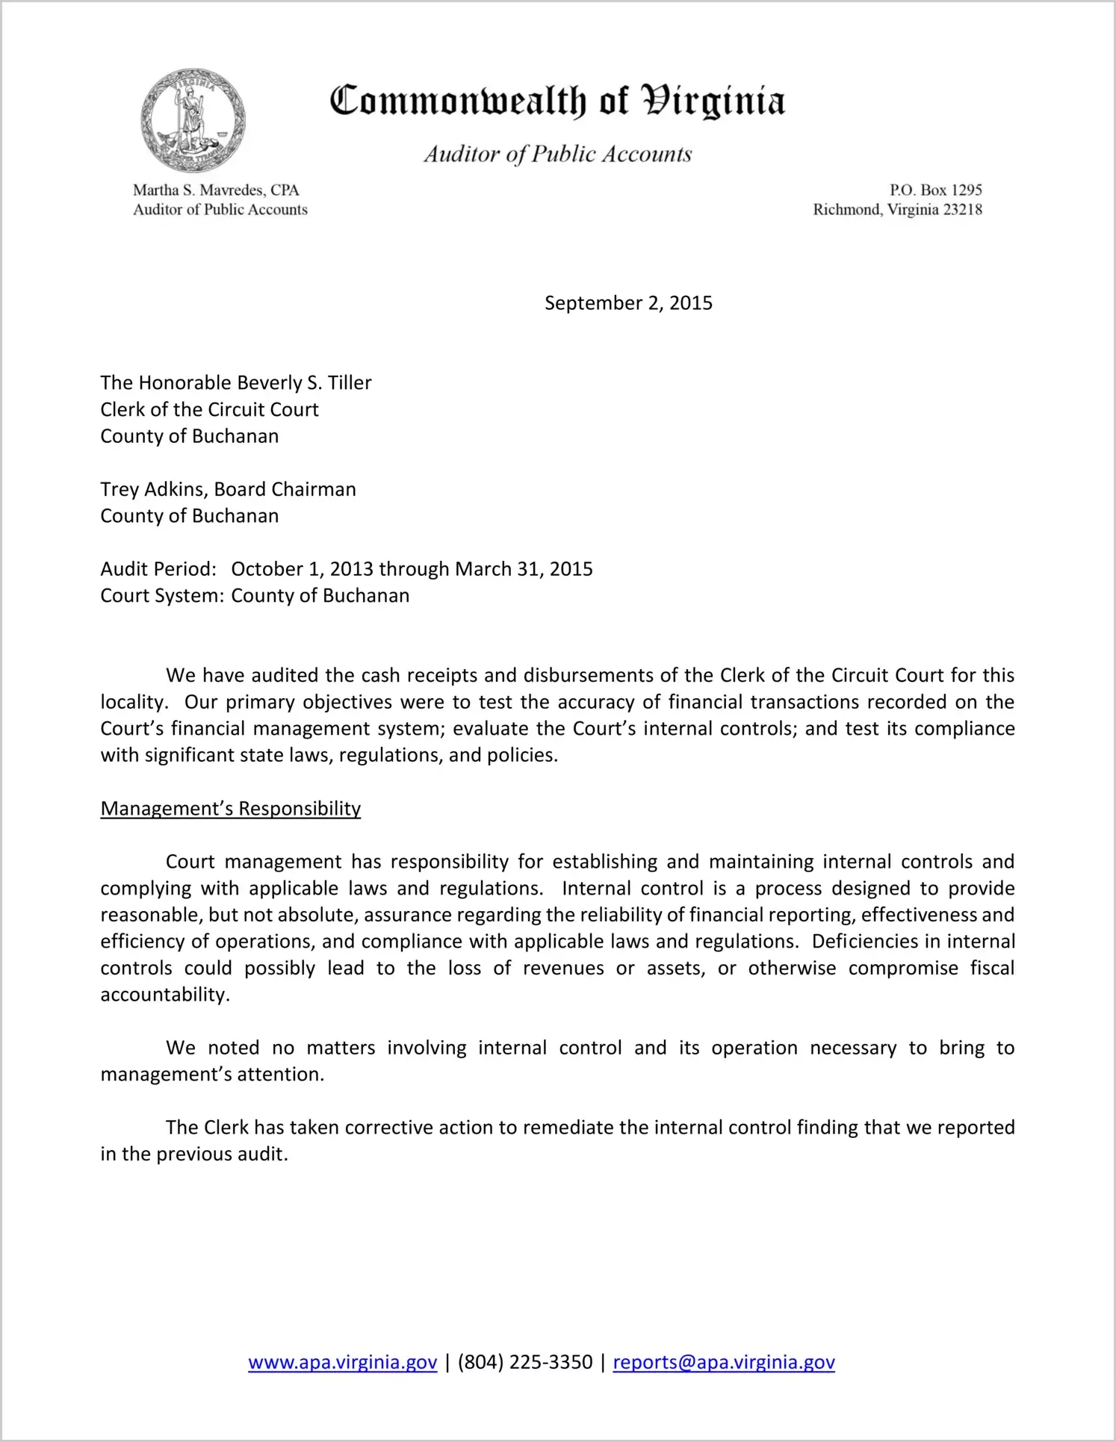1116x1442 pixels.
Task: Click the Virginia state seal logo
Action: (193, 120)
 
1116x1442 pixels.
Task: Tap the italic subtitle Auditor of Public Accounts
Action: (557, 154)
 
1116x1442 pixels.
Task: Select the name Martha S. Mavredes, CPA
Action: (216, 190)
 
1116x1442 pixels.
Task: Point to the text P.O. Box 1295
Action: (935, 190)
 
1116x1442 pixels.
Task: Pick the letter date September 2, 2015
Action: (628, 303)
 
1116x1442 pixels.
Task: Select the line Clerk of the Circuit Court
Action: (209, 410)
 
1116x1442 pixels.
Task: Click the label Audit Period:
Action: (158, 570)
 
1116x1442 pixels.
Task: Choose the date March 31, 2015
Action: (524, 570)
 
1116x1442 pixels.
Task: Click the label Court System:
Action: (162, 596)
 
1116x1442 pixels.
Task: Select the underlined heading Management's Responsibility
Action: (230, 809)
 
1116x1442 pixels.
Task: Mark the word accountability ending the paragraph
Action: (164, 995)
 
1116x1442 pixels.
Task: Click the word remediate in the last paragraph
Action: (569, 1128)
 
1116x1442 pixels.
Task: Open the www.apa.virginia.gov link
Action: (342, 1363)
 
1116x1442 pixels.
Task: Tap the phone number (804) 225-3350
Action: (524, 1363)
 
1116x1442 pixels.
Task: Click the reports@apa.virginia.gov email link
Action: (723, 1363)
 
